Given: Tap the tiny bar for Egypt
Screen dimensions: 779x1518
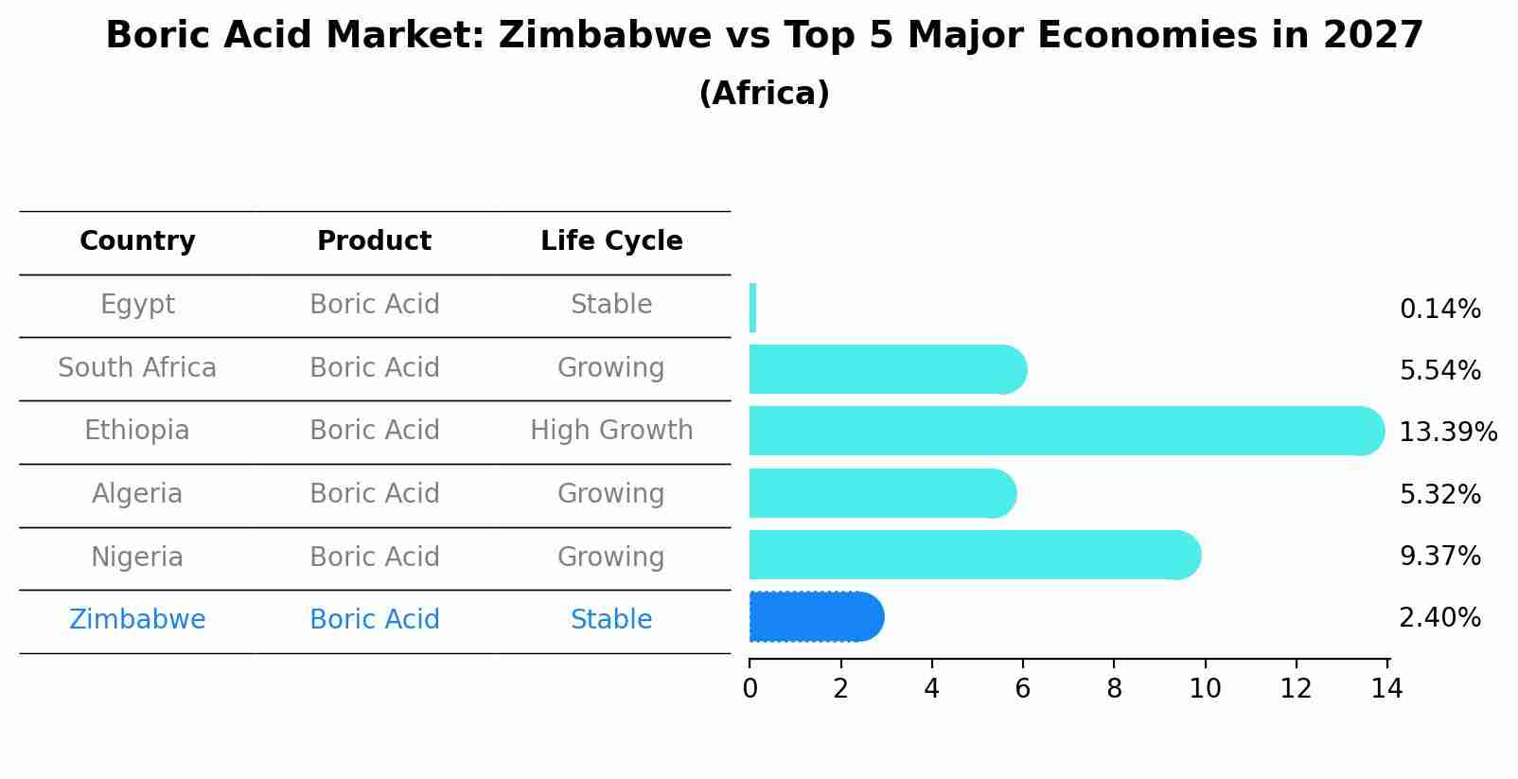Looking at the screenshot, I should [752, 308].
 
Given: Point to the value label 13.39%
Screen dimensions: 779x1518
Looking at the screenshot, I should [1447, 433].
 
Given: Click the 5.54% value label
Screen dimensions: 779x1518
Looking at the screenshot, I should [1439, 371].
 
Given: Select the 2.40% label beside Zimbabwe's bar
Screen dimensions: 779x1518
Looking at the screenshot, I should [1439, 618].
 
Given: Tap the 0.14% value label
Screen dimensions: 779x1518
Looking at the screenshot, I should [1439, 310].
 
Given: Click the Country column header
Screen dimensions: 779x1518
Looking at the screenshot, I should [137, 241].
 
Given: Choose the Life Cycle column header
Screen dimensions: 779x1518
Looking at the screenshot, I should [611, 241].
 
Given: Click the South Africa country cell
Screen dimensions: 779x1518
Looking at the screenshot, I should [137, 368].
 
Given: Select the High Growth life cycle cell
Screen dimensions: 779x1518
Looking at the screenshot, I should [611, 431].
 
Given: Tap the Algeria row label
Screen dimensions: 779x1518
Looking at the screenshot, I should [137, 494].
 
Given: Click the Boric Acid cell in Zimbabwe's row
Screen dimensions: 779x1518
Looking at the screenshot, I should [374, 620].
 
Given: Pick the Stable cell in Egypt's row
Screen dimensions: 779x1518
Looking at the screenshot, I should [611, 305].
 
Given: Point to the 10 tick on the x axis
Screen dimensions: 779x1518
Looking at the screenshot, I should [1205, 689].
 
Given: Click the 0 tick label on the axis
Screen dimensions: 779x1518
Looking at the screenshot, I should [750, 689].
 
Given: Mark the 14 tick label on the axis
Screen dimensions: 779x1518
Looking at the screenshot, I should [1386, 689].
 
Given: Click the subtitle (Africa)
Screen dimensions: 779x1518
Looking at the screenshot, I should [764, 94].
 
